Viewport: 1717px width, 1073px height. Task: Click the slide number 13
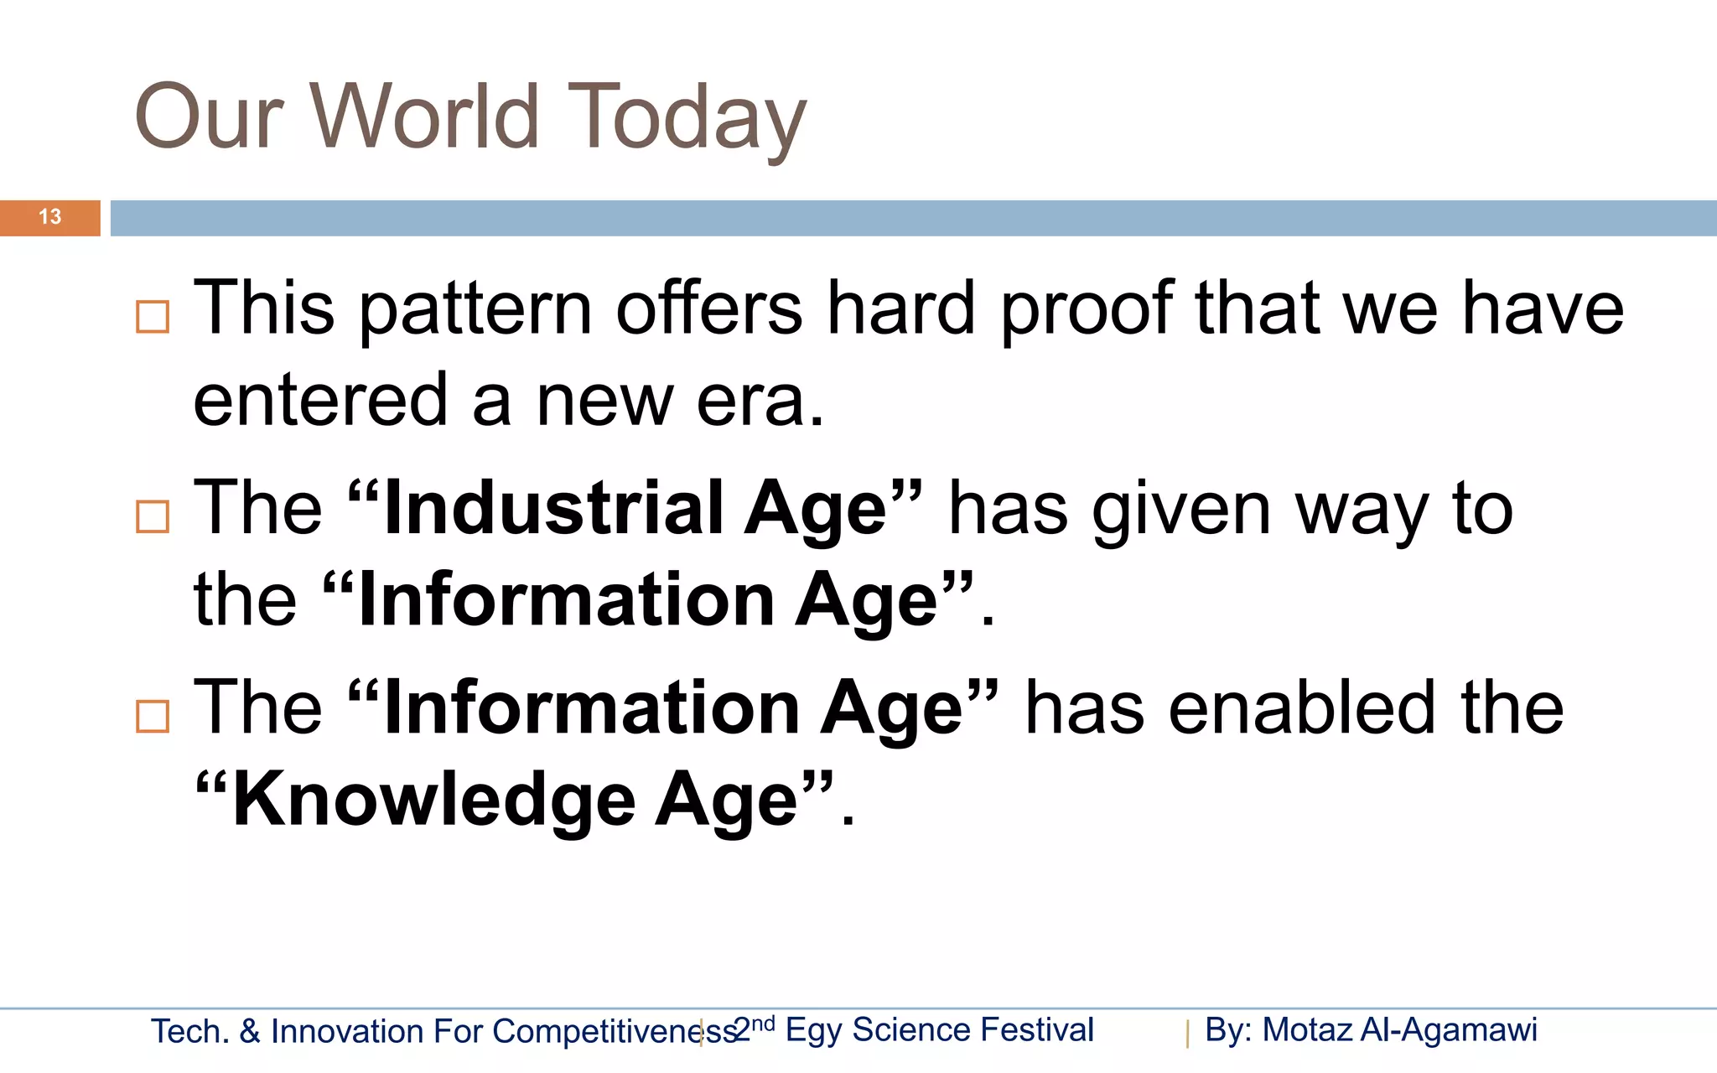(x=49, y=217)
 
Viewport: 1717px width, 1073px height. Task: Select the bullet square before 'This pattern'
(x=153, y=317)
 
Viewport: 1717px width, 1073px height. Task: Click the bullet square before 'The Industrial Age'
(x=153, y=516)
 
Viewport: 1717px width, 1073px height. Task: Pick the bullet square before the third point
(x=153, y=717)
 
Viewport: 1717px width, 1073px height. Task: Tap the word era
(x=759, y=401)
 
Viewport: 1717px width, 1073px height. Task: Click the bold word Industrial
(x=553, y=510)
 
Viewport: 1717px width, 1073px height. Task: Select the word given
(x=1181, y=510)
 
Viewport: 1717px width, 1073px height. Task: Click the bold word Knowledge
(x=433, y=800)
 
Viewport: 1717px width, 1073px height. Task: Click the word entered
(x=320, y=401)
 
